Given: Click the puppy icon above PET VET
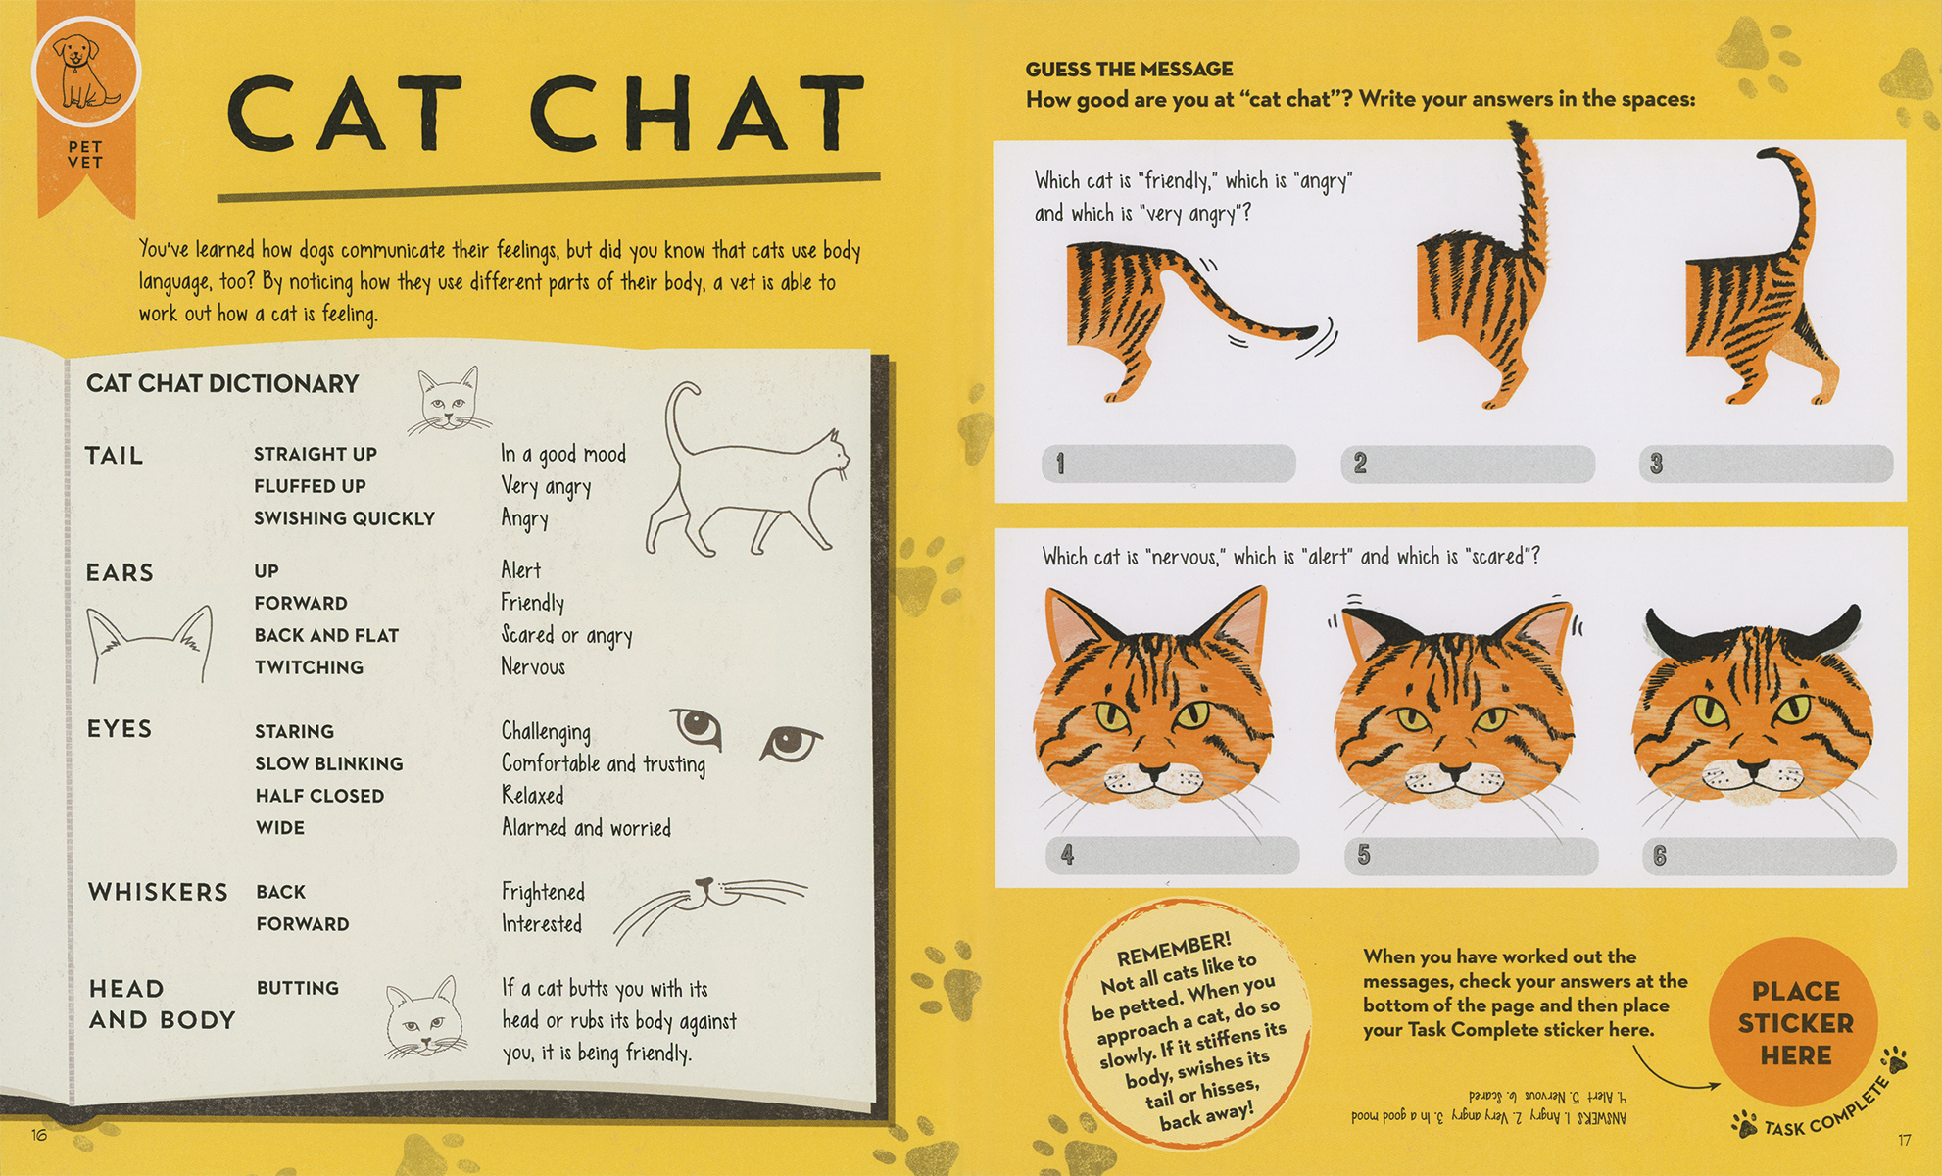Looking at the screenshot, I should point(86,72).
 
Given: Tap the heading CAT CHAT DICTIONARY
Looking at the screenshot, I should point(222,383).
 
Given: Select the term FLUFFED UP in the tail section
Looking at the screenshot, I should point(310,486).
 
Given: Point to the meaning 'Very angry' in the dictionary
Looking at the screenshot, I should point(546,486).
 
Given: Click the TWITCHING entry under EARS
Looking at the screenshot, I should point(309,667).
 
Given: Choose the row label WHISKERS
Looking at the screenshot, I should point(158,892).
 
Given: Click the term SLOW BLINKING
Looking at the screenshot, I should point(329,763).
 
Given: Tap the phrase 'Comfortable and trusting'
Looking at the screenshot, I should point(603,763).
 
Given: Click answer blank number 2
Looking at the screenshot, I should point(1468,464).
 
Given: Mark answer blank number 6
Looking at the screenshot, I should point(1769,857).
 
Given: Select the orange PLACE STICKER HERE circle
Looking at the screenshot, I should point(1794,1023).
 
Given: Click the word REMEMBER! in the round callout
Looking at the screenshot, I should point(1173,949).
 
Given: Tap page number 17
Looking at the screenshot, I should point(1904,1140).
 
